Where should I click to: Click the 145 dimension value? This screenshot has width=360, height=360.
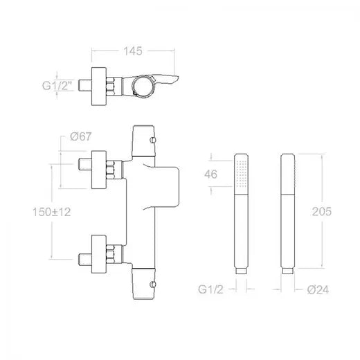coord(133,51)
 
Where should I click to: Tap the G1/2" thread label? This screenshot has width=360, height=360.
coord(57,86)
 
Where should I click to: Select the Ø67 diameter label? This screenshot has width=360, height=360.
coord(81,136)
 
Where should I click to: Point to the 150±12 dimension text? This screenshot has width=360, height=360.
coord(52,212)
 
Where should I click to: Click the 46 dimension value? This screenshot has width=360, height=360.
coord(210,174)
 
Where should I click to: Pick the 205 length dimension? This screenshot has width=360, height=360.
coord(322,211)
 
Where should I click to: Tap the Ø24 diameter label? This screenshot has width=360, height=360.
coord(318,289)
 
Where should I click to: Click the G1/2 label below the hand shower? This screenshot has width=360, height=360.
coord(210,289)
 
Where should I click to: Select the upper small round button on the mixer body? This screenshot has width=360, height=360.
coord(153,140)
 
